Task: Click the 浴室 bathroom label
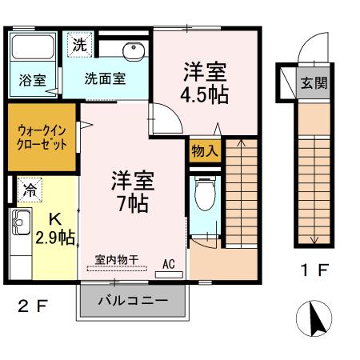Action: pos(33,79)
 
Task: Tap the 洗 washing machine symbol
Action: pos(78,44)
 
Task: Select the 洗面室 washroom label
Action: pos(106,79)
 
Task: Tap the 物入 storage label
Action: pos(204,149)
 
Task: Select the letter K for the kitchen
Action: pos(55,218)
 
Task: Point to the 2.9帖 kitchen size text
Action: pos(55,237)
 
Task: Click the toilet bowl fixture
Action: pos(205,193)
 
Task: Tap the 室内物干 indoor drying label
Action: pos(117,258)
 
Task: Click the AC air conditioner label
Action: pos(169,262)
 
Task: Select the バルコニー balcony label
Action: pos(133,302)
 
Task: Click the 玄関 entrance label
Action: pos(311,82)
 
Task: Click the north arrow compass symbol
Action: pos(313,319)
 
